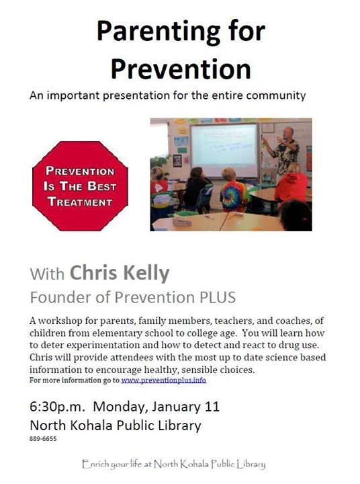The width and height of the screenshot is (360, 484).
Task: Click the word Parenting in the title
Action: (159, 32)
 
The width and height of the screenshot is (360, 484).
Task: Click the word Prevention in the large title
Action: (181, 69)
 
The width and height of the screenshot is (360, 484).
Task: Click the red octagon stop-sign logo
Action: (80, 186)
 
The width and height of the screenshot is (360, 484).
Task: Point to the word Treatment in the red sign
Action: (80, 202)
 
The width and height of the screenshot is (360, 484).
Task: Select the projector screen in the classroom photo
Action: (224, 151)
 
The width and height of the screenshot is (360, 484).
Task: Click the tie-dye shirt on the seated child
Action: (235, 196)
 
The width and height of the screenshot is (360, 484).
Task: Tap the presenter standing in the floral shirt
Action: (284, 152)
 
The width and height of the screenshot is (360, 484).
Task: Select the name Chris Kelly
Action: (120, 273)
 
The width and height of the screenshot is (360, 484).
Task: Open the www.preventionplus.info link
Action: (163, 380)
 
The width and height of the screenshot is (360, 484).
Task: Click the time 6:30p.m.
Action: (57, 407)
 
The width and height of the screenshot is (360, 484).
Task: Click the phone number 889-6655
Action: (43, 438)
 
